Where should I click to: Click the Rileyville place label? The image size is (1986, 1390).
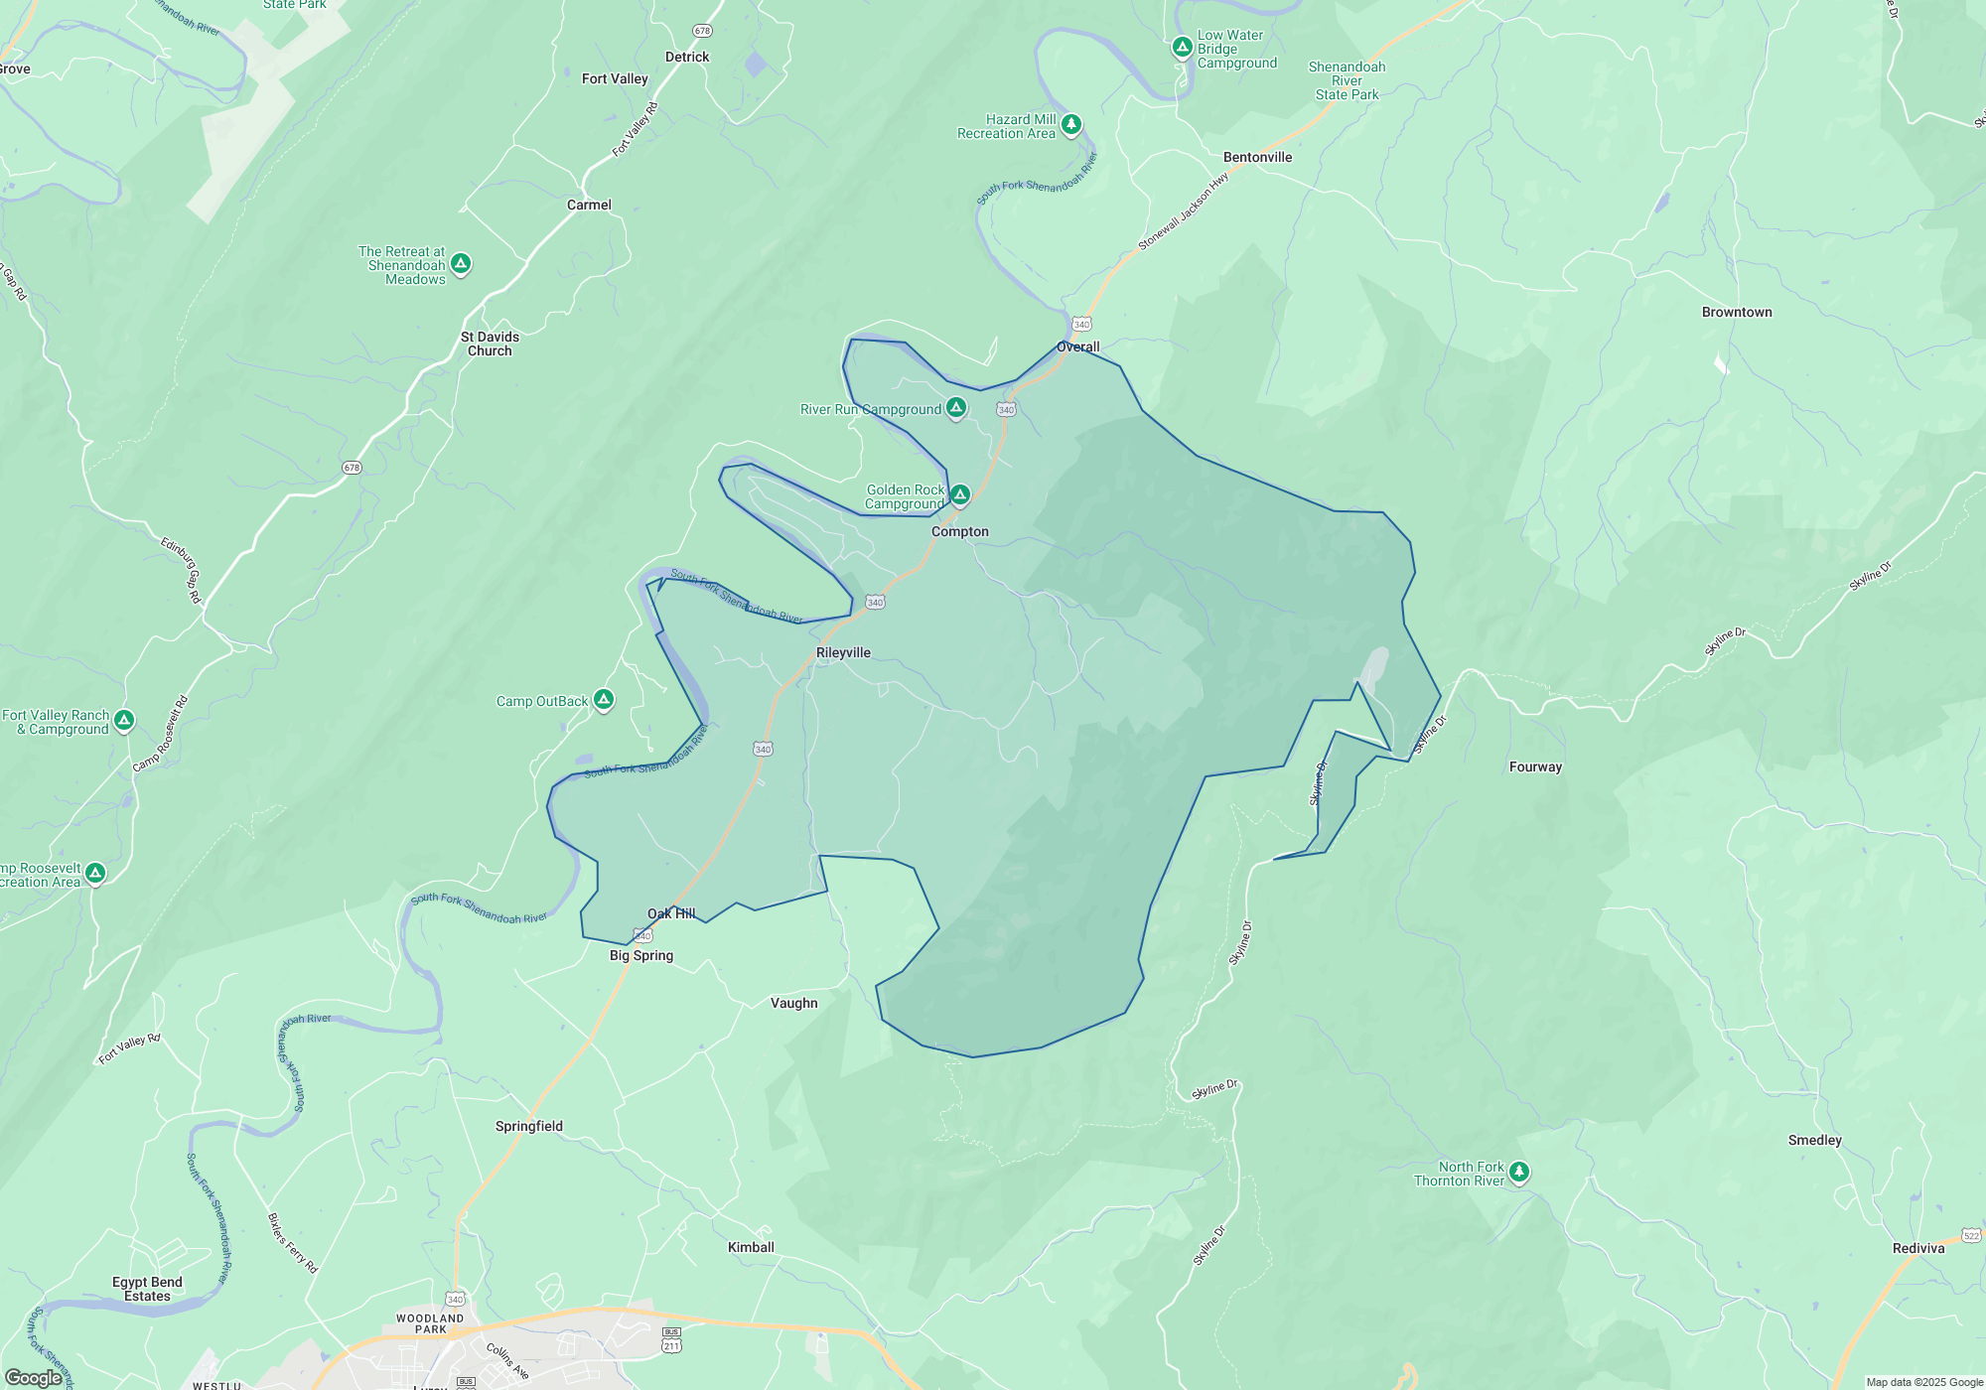[843, 652]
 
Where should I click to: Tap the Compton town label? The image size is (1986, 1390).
[959, 531]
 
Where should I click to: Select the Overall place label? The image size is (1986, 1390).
[1077, 347]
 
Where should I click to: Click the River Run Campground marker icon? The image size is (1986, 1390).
[955, 407]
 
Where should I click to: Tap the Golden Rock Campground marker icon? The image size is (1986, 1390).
[959, 494]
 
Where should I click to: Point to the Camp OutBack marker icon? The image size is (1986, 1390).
[603, 699]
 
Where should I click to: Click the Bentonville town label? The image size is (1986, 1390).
[1257, 157]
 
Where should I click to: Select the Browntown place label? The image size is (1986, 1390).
[1736, 312]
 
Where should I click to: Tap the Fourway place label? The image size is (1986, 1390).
[1535, 766]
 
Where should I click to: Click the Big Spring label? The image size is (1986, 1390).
[640, 955]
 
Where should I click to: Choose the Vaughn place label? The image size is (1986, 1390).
[793, 1003]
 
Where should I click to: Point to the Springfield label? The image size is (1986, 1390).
[528, 1126]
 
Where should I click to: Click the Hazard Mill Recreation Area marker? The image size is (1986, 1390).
[1070, 124]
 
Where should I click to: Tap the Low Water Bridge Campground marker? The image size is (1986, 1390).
[1182, 47]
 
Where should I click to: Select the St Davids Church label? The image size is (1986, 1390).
[490, 344]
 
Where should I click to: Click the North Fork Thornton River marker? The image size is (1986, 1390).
[1518, 1172]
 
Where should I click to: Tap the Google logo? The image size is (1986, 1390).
[33, 1377]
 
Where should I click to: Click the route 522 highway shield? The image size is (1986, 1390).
[1971, 1236]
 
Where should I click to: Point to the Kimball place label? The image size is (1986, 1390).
[751, 1247]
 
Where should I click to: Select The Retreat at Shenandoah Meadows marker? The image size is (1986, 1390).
[460, 263]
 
